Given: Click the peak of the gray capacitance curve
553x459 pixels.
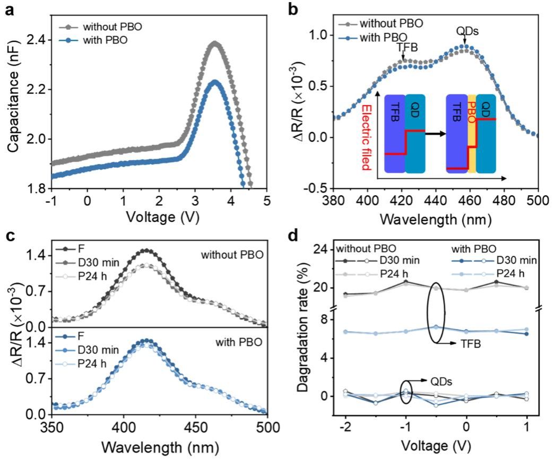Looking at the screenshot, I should tap(214, 43).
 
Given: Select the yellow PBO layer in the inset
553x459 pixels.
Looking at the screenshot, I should tap(471, 134).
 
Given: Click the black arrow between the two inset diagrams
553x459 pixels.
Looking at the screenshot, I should tap(435, 133).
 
